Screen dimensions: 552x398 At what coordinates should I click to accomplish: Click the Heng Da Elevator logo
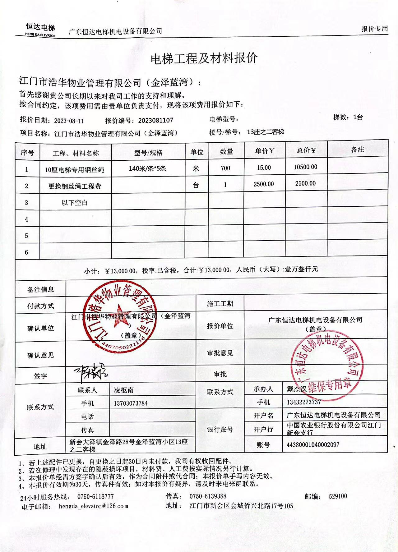point(40,30)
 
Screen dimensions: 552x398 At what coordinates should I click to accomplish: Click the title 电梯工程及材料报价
point(204,58)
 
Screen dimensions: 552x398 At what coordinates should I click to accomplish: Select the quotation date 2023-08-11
point(69,121)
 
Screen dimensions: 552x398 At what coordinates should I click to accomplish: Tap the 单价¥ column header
point(265,151)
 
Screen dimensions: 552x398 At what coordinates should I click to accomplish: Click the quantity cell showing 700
point(225,168)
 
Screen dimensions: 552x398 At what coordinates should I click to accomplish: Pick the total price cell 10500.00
point(306,167)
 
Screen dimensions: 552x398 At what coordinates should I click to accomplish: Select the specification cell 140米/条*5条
point(147,169)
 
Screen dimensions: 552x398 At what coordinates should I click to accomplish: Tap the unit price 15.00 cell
point(264,168)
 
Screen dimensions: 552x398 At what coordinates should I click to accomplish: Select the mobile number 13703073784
point(131,403)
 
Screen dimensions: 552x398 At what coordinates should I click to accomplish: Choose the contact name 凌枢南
point(124,390)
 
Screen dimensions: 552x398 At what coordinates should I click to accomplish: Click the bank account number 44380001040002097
point(313,445)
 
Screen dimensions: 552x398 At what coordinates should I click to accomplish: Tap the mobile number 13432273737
point(304,402)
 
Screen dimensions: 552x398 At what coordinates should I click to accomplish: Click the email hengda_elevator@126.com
point(93,506)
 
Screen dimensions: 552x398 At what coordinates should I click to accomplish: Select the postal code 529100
point(338,496)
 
